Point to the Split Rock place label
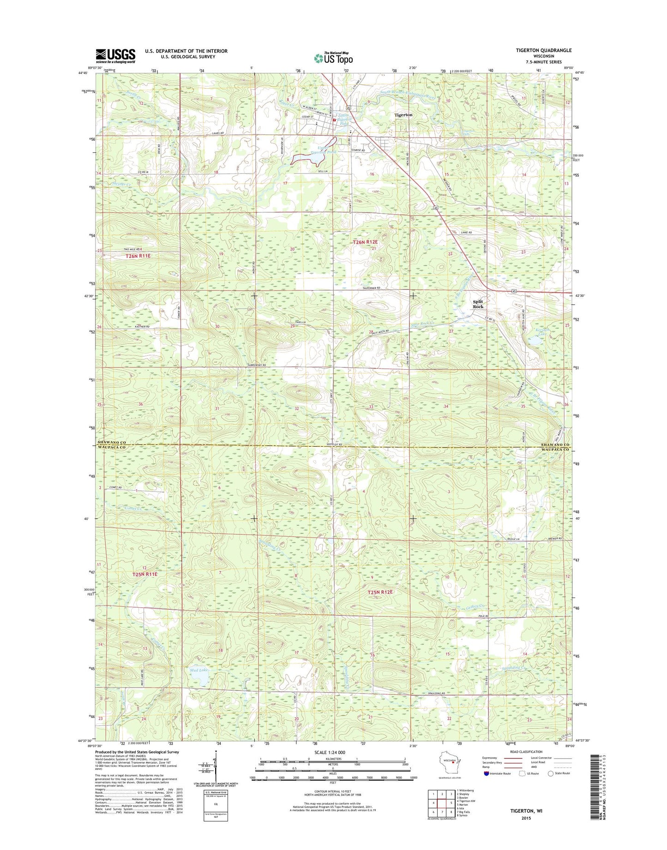478,304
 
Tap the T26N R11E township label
138,255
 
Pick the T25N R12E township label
380,592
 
